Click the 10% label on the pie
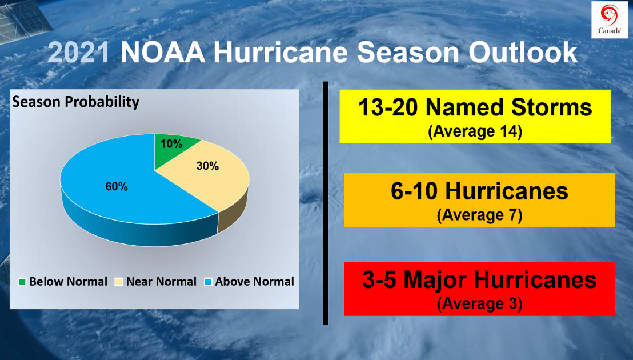tap(171, 144)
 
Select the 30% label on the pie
tap(207, 166)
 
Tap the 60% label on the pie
tap(117, 187)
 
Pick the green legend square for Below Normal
tap(22, 282)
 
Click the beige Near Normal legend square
tap(119, 282)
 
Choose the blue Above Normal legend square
tap(208, 282)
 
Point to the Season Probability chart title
tap(76, 102)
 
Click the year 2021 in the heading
tap(79, 53)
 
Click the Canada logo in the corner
tap(609, 20)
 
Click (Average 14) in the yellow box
tap(475, 132)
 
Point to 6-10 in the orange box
tap(414, 191)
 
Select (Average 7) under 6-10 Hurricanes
tap(479, 215)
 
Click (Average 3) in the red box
tap(479, 304)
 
